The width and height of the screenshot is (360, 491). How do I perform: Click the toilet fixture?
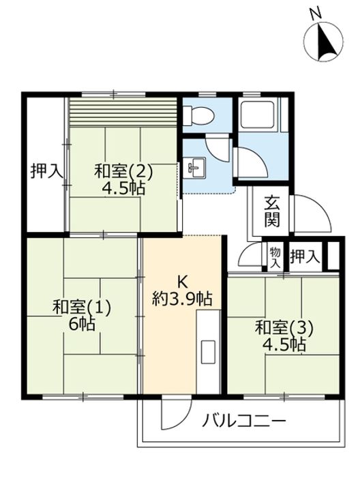[x=198, y=115]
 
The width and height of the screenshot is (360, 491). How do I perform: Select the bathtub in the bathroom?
[x=257, y=115]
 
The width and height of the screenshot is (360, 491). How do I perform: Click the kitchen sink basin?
[x=208, y=352]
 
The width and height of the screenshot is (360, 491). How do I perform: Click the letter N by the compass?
[x=316, y=14]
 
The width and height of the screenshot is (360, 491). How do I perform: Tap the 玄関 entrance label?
[x=272, y=211]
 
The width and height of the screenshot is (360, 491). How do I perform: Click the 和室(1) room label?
[x=82, y=307]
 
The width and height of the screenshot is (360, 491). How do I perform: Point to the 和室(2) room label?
[x=123, y=172]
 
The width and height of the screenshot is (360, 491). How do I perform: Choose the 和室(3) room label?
[x=284, y=328]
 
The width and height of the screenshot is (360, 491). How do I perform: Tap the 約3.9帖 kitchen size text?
[x=182, y=299]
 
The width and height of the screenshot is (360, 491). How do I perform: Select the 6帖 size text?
[x=82, y=325]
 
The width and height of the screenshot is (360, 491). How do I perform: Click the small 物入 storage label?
[x=275, y=257]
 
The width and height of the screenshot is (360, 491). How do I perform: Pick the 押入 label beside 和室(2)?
[x=46, y=172]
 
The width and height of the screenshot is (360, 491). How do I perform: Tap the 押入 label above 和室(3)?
[x=305, y=257]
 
